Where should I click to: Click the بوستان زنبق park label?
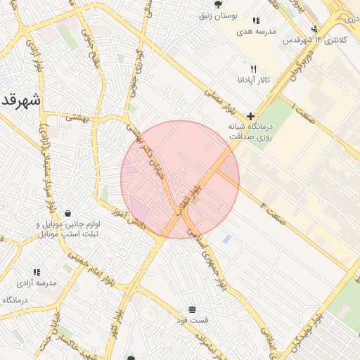(234, 15)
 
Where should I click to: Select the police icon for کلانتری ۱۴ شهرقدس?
(314, 30)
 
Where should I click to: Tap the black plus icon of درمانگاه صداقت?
(250, 116)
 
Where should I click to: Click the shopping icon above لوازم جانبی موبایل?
(67, 213)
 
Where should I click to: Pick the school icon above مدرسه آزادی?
(37, 271)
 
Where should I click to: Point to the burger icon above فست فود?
(193, 309)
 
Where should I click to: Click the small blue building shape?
(226, 240)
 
